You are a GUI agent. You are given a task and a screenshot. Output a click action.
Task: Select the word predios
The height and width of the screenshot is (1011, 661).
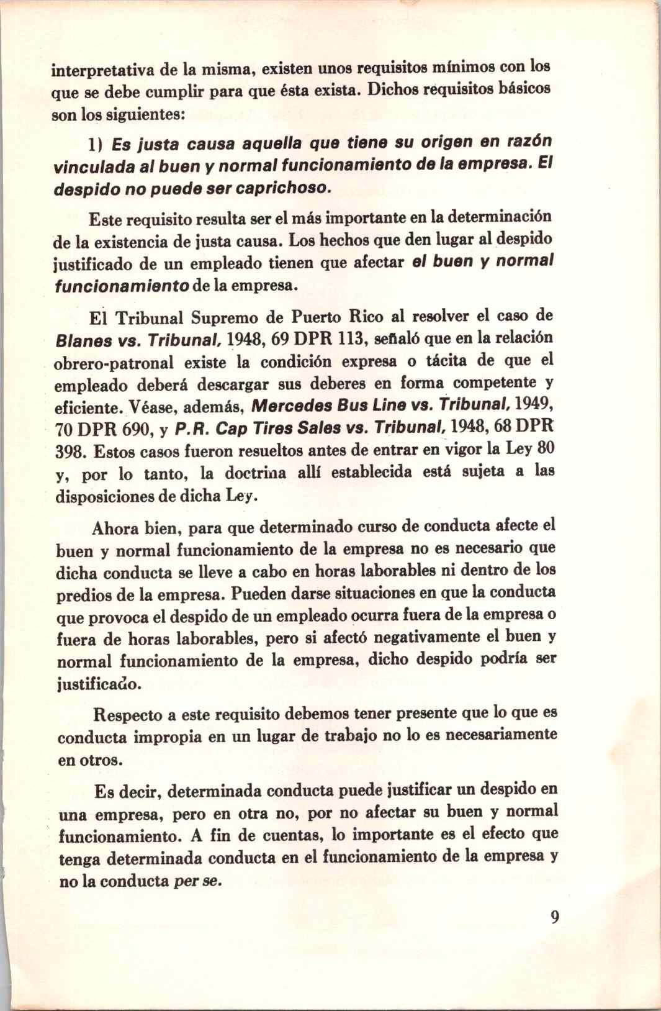click(x=83, y=596)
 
